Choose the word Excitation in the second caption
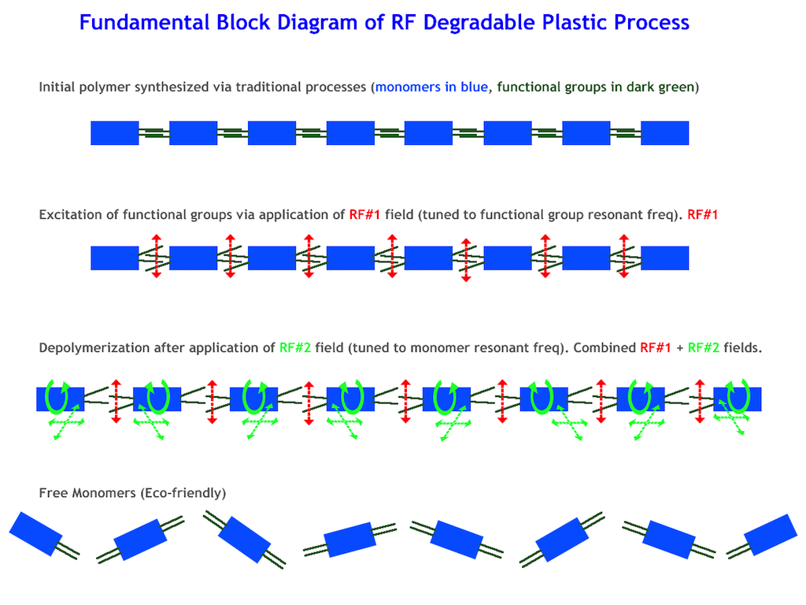coord(69,214)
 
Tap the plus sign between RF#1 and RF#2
coord(679,347)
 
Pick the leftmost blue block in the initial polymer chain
coord(115,133)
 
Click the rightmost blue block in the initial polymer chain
coord(665,133)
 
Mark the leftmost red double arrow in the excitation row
coord(156,255)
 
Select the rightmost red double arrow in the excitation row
coord(623,255)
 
